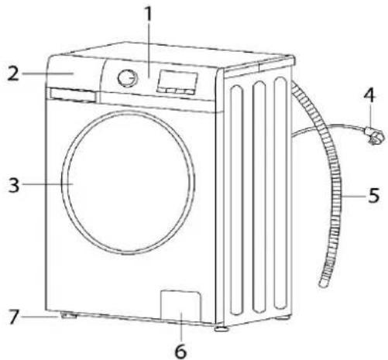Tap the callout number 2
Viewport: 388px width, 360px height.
pyautogui.click(x=13, y=74)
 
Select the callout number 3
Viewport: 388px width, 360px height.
pyautogui.click(x=14, y=184)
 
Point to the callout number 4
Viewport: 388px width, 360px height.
pyautogui.click(x=369, y=95)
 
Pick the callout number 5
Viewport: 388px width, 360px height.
pyautogui.click(x=374, y=195)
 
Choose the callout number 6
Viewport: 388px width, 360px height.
pyautogui.click(x=180, y=351)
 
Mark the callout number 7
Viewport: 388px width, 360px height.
pyautogui.click(x=14, y=317)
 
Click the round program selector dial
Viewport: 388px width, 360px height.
pyautogui.click(x=128, y=77)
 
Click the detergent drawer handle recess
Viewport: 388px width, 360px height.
pyautogui.click(x=73, y=95)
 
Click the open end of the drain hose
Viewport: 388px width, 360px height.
pyautogui.click(x=323, y=283)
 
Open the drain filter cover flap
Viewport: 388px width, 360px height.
pyautogui.click(x=180, y=306)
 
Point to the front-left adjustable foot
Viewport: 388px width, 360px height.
pyautogui.click(x=68, y=315)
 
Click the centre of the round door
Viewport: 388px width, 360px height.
pyautogui.click(x=129, y=183)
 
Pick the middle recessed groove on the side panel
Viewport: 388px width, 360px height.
pyautogui.click(x=259, y=197)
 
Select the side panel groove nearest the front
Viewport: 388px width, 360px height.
pyautogui.click(x=237, y=201)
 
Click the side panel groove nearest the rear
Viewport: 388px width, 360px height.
pyautogui.click(x=280, y=193)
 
